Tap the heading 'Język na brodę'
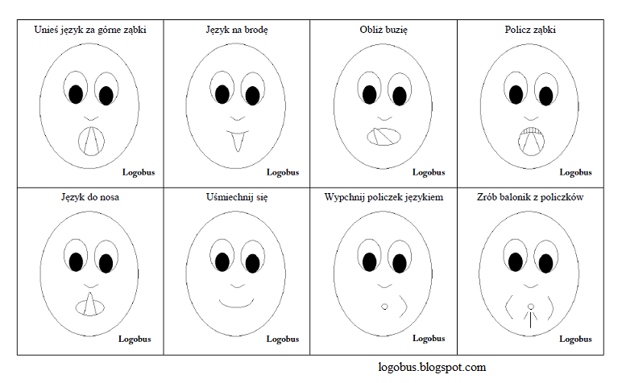(x=237, y=30)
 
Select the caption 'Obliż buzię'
(x=384, y=30)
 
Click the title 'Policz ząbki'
(x=529, y=30)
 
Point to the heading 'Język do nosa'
(x=90, y=196)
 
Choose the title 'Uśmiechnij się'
(x=237, y=196)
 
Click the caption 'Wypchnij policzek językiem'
(x=384, y=196)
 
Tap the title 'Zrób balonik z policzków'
(x=529, y=196)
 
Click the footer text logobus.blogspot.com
(x=432, y=368)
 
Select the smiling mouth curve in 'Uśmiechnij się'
(x=237, y=303)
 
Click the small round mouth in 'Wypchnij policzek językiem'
(x=384, y=307)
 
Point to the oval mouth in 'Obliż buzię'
(x=384, y=136)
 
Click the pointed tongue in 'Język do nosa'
(x=91, y=303)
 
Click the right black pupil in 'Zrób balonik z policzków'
(x=545, y=261)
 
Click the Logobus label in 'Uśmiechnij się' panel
(x=283, y=339)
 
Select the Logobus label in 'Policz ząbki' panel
(x=575, y=171)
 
